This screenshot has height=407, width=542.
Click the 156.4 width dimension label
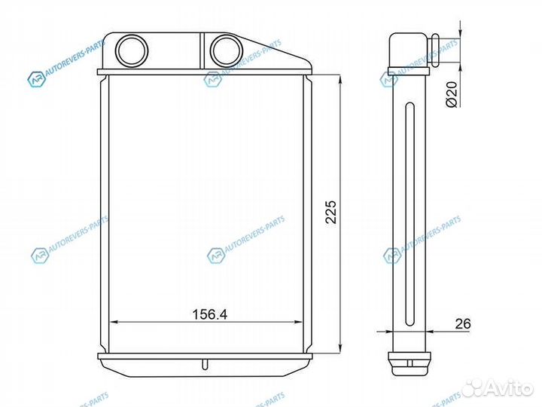click(209, 314)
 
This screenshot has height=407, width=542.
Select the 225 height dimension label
click(330, 212)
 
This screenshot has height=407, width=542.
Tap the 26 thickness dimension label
click(463, 323)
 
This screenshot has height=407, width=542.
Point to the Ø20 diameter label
click(452, 94)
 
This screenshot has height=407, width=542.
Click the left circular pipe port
click(132, 51)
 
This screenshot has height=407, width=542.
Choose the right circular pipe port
click(227, 51)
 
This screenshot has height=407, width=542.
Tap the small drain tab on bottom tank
click(205, 365)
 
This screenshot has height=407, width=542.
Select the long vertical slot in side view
click(410, 214)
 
